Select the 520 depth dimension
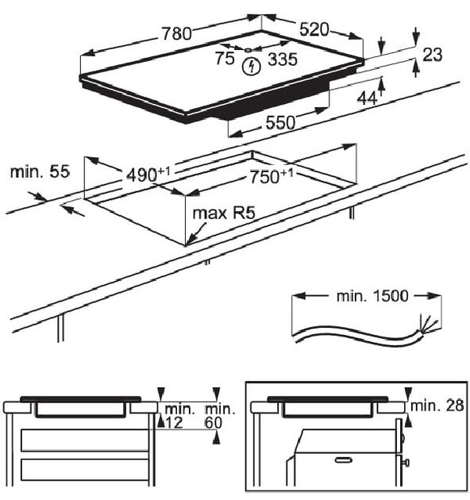(314, 29)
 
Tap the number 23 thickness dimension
(432, 54)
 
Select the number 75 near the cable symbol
(225, 58)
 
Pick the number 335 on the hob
(283, 59)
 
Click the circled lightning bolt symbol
(252, 66)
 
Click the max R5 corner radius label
(228, 213)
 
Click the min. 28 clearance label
(438, 406)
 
